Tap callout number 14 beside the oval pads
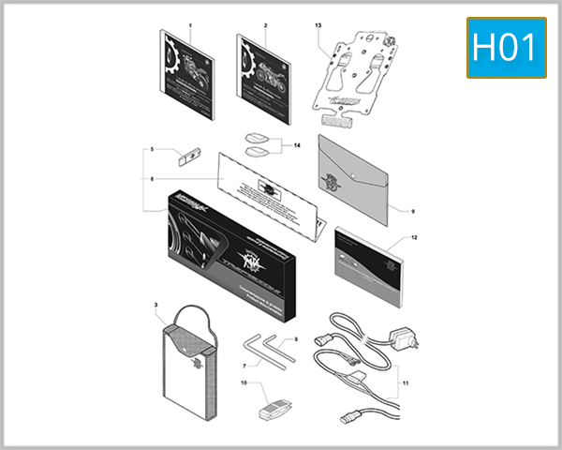click(296, 146)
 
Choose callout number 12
click(413, 239)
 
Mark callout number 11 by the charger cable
click(407, 383)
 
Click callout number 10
click(244, 382)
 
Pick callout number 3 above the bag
click(156, 306)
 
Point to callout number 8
click(295, 338)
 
